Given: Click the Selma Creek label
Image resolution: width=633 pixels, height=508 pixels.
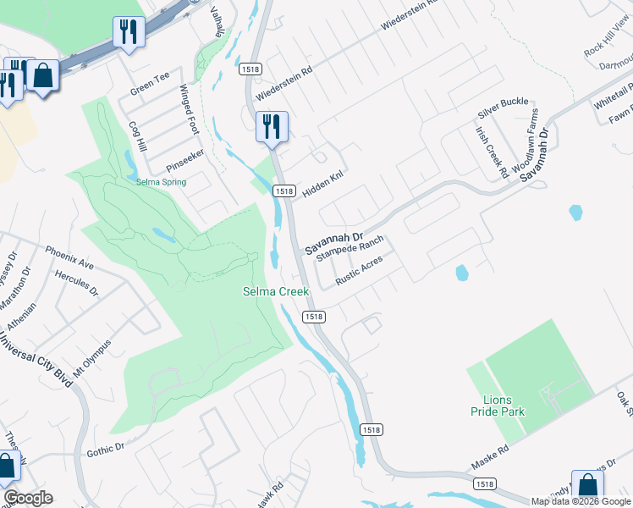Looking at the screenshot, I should coord(276,291).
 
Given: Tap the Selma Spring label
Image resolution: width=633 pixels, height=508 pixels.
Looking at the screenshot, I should coord(161,181).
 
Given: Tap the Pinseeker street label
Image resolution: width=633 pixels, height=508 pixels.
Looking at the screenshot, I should coord(184,156).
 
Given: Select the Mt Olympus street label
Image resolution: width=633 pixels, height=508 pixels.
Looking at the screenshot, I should coord(92,359).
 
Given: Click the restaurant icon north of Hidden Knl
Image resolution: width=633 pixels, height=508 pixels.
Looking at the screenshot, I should coord(272,127).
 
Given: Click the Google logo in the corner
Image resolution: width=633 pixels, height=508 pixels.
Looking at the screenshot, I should coord(28,498).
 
